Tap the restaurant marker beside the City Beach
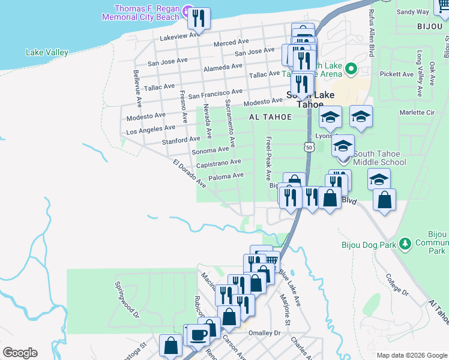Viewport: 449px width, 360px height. [x=198, y=19]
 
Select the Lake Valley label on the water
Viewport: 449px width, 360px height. [x=47, y=52]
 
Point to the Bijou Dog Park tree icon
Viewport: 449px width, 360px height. [x=405, y=243]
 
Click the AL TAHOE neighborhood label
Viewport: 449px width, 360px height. [x=269, y=118]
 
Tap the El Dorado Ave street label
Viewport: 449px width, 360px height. [x=189, y=174]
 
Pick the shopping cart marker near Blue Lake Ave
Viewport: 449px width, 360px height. [x=271, y=260]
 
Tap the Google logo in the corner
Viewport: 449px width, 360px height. [x=20, y=353]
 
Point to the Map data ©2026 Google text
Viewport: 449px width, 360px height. [x=411, y=355]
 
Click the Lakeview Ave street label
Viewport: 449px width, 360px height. [x=179, y=35]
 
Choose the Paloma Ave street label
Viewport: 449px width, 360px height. [x=226, y=176]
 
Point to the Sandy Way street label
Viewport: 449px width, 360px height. [x=413, y=11]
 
